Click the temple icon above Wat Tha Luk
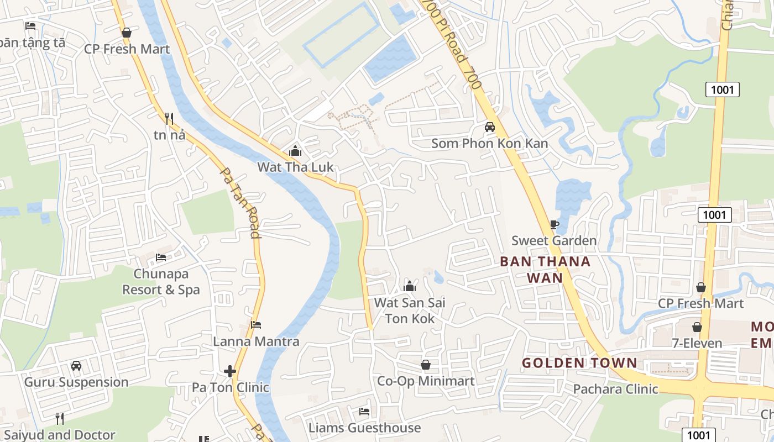pyautogui.click(x=295, y=151)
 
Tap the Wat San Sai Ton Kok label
pyautogui.click(x=410, y=311)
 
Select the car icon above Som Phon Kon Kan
pyautogui.click(x=489, y=127)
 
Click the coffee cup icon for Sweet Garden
pyautogui.click(x=554, y=224)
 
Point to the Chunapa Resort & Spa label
pyautogui.click(x=161, y=282)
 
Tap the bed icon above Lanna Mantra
pyautogui.click(x=256, y=325)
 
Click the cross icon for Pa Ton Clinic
pyautogui.click(x=230, y=371)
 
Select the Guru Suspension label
pyautogui.click(x=76, y=382)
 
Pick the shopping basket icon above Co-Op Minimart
pyautogui.click(x=426, y=365)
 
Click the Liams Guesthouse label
pyautogui.click(x=364, y=428)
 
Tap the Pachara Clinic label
pyautogui.click(x=615, y=389)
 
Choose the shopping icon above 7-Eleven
pyautogui.click(x=697, y=327)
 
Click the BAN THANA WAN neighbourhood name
pyautogui.click(x=545, y=269)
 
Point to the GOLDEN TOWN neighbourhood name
pyautogui.click(x=579, y=363)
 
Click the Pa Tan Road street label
pyautogui.click(x=240, y=202)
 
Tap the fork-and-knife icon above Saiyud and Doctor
pyautogui.click(x=60, y=419)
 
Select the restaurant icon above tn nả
pyautogui.click(x=169, y=118)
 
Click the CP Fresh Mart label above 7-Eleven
pyautogui.click(x=700, y=303)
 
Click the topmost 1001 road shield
pyautogui.click(x=722, y=89)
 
